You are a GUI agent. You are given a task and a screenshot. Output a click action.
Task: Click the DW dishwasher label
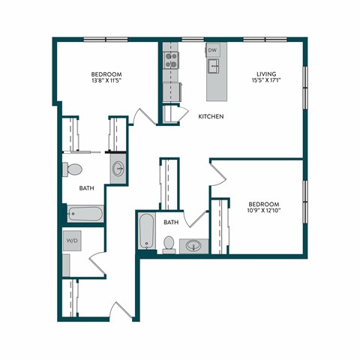(x=213, y=50)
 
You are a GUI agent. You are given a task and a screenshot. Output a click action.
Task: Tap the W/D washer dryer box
(x=73, y=241)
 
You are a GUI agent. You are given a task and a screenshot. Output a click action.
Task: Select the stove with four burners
(x=171, y=60)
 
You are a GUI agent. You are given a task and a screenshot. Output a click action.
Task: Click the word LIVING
(x=266, y=74)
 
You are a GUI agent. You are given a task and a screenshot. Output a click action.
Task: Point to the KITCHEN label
(x=211, y=117)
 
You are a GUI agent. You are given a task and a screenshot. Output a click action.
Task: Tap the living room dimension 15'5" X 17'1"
(x=266, y=82)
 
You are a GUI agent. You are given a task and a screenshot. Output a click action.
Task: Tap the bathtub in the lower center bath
(x=146, y=232)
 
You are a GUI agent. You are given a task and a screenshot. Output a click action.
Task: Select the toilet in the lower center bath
(x=169, y=244)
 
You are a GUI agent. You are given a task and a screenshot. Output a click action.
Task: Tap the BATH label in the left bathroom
(x=86, y=189)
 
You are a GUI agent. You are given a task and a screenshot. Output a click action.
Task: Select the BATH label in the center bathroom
(x=172, y=222)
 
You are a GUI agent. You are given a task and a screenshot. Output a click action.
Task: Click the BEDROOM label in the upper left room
(x=106, y=73)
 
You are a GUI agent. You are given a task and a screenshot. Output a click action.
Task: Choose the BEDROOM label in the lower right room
(x=264, y=204)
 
